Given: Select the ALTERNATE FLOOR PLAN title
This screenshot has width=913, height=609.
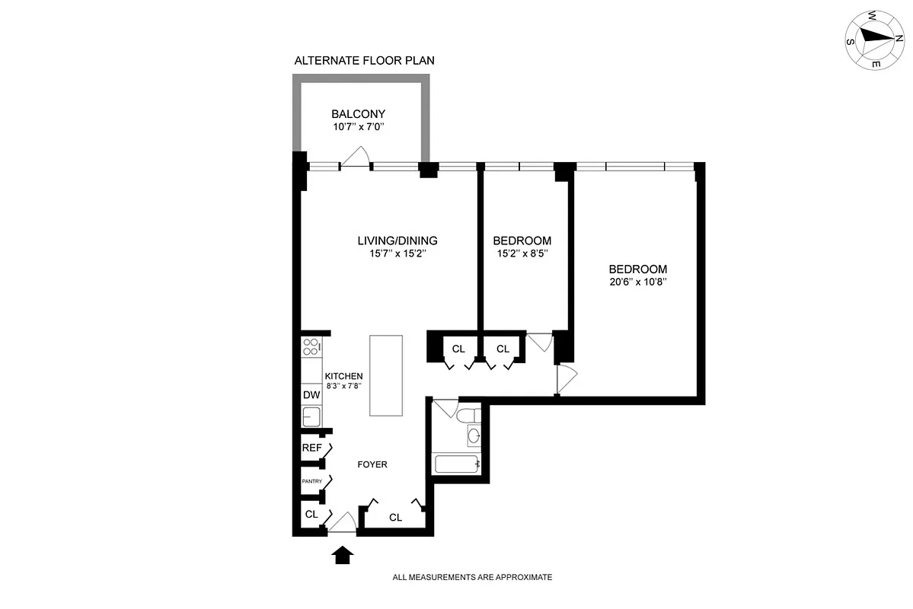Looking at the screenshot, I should point(364,60).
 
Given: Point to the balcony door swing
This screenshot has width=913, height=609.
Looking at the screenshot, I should point(355,157).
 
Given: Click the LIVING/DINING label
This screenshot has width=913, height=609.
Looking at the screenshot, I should point(397,241).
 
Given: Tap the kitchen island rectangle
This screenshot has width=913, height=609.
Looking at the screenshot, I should point(385,375).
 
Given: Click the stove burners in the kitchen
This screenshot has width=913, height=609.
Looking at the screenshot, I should point(311,348).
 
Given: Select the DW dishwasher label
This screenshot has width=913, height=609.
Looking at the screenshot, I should point(311,394).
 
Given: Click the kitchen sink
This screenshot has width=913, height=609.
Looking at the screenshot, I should point(311,416).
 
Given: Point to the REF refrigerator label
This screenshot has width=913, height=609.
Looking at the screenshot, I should point(311,448).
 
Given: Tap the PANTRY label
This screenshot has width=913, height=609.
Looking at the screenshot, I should point(311,481).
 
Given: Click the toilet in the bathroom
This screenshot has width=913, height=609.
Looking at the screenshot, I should point(468,416).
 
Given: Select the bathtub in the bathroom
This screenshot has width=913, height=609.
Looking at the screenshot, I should point(455,463).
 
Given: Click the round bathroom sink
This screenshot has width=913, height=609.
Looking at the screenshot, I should point(473,436).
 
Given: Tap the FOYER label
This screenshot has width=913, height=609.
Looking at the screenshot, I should point(372,464).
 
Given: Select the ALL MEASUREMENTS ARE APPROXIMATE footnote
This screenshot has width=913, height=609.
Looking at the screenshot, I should point(472,578).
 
